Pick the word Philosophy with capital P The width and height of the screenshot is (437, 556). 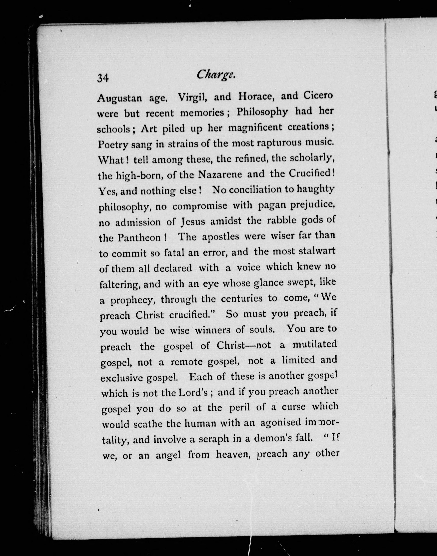pos(262,112)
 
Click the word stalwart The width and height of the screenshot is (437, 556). pos(317,251)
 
